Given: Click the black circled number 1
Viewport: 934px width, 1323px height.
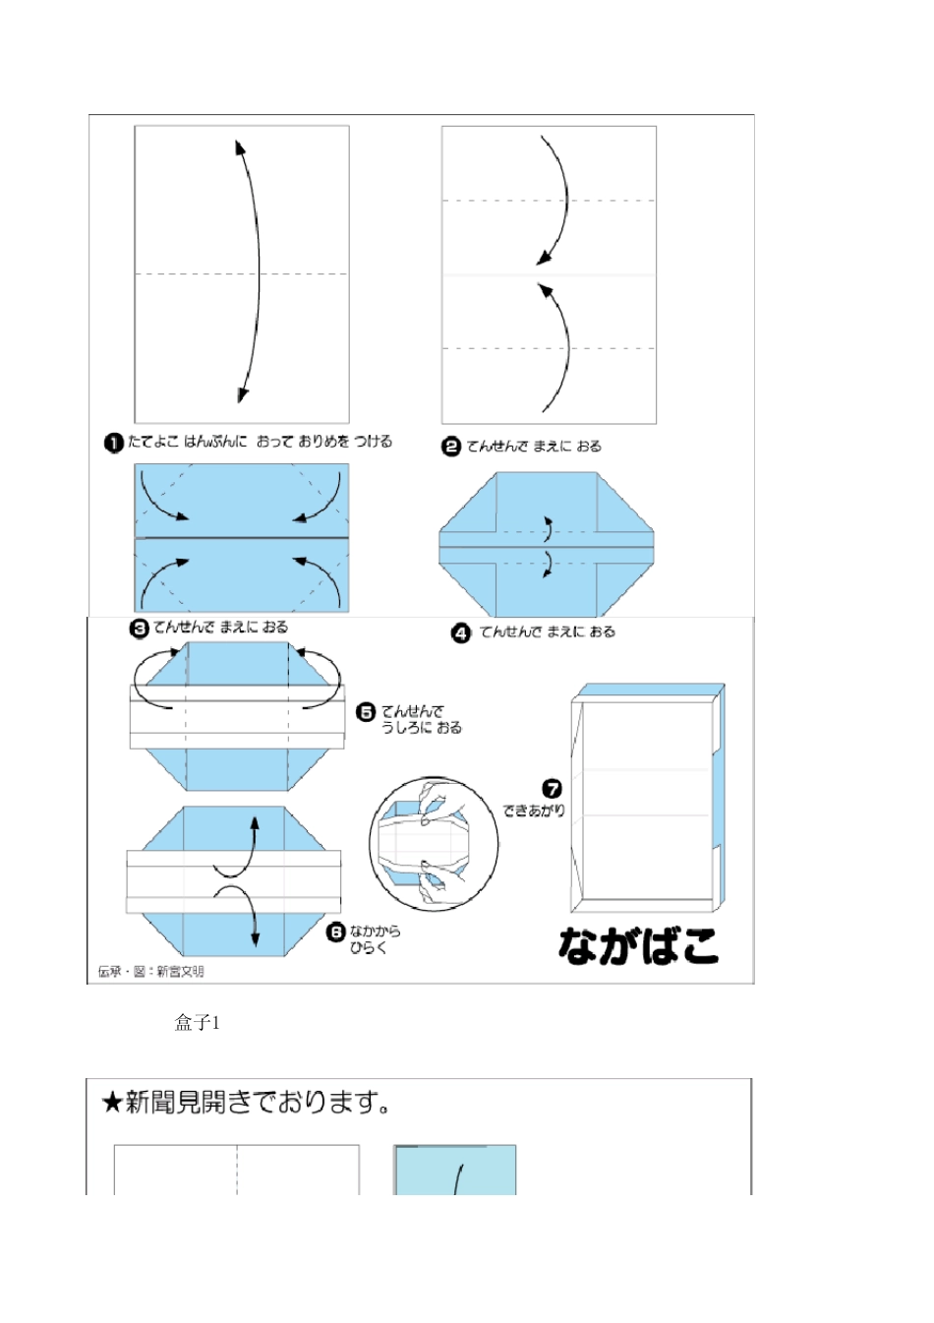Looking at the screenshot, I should [x=113, y=443].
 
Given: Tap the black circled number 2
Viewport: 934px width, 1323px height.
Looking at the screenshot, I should [x=451, y=447].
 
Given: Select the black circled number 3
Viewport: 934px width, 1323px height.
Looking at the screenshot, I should [x=140, y=628].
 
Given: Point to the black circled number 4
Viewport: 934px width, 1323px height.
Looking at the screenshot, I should [x=461, y=632].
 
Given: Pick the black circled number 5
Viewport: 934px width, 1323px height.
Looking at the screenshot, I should [x=367, y=712].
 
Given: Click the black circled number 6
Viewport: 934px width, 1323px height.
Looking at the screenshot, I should [x=336, y=932].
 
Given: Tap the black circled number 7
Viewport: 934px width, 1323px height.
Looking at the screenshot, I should [x=553, y=789].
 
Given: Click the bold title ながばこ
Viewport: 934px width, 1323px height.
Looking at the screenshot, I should [x=639, y=946].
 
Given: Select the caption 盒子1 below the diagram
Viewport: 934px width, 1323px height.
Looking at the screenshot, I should [x=198, y=1023].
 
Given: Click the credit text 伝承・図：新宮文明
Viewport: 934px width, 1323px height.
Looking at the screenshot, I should [x=151, y=972].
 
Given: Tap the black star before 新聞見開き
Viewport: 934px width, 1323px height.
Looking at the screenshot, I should [x=111, y=1103].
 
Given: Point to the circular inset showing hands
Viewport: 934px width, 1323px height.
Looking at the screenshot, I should [x=427, y=843].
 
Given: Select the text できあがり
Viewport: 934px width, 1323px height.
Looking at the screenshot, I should [x=534, y=811].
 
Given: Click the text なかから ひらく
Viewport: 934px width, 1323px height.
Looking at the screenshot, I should [x=375, y=939].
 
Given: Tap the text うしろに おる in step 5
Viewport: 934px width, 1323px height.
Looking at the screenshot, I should [x=422, y=728].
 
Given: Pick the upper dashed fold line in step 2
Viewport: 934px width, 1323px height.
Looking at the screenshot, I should [x=549, y=201].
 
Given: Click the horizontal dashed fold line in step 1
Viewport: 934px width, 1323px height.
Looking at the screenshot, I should [x=187, y=273].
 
